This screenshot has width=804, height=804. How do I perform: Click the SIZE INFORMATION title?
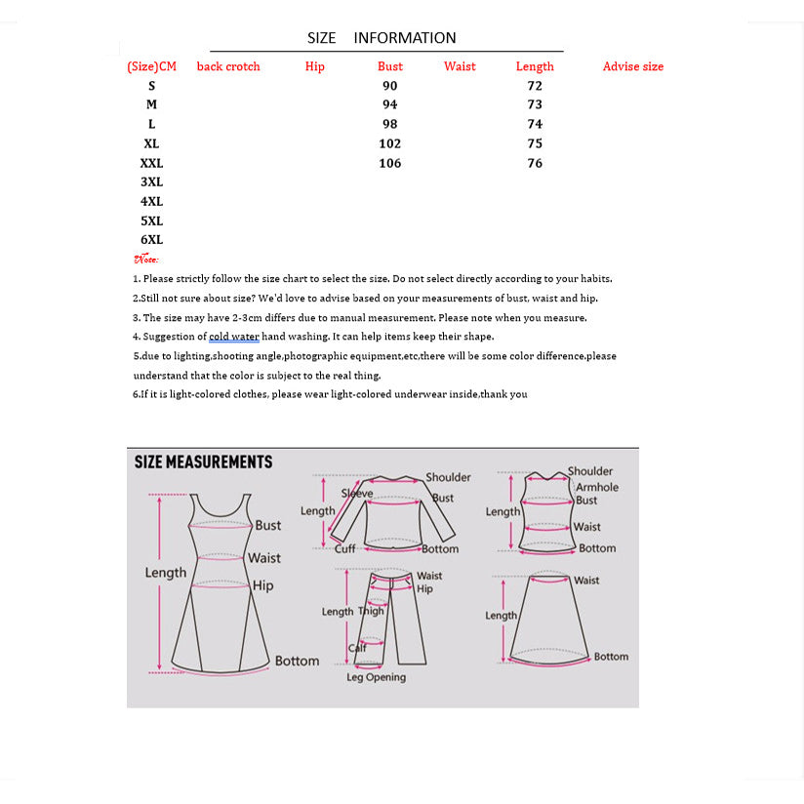(x=382, y=38)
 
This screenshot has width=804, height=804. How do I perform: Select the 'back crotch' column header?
(x=228, y=66)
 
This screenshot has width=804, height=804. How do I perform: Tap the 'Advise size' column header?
(x=632, y=66)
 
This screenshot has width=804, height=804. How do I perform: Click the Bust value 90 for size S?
(x=390, y=86)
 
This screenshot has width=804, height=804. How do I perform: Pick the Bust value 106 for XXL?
(x=390, y=163)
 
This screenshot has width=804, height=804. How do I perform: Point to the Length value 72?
(x=535, y=86)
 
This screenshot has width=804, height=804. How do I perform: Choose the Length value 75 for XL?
(x=535, y=143)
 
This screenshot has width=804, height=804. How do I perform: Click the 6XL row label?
(x=151, y=240)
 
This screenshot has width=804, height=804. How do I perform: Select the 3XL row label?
(x=151, y=182)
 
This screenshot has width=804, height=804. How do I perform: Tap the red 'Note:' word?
(x=146, y=260)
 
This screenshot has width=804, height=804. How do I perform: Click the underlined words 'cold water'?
(x=234, y=337)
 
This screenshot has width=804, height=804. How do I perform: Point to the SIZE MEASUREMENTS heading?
(x=203, y=462)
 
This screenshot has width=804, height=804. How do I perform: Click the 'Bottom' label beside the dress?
(x=297, y=661)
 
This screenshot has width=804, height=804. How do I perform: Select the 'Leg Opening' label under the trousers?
(x=376, y=677)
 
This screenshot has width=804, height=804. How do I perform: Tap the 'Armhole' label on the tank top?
(x=597, y=487)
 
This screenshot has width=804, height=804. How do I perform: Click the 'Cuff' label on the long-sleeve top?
(x=345, y=548)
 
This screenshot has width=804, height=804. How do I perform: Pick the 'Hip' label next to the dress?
(x=263, y=585)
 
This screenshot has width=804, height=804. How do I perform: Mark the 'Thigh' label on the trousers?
(x=372, y=612)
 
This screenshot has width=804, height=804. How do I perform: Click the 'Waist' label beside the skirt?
(x=586, y=581)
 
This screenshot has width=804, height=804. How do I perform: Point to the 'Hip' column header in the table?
(x=314, y=66)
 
